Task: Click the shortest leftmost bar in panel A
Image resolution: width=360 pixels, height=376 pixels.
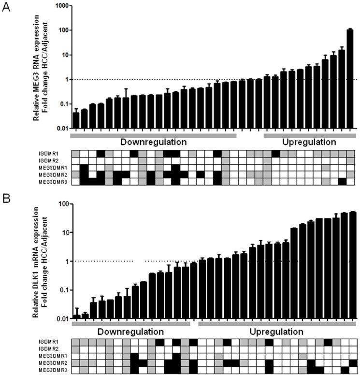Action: pyautogui.click(x=76, y=120)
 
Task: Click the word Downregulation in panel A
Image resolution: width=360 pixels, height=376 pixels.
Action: pyautogui.click(x=153, y=143)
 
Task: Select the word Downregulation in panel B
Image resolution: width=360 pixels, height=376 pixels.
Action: pyautogui.click(x=130, y=332)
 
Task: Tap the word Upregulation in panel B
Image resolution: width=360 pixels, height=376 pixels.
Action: pyautogui.click(x=276, y=332)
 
